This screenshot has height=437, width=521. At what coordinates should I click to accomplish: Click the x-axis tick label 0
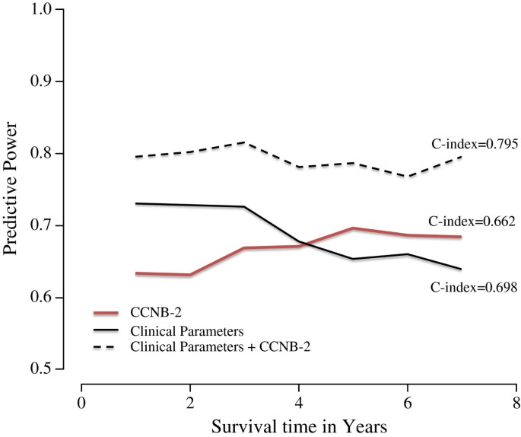click(x=81, y=402)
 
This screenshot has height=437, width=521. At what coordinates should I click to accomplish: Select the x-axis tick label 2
click(x=190, y=402)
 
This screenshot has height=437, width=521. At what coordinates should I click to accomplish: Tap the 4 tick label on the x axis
click(x=299, y=402)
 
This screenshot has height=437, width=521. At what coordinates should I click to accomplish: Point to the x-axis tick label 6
click(x=408, y=402)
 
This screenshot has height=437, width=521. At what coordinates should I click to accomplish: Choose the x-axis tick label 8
click(x=516, y=402)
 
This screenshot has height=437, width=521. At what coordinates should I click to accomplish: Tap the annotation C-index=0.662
click(x=473, y=222)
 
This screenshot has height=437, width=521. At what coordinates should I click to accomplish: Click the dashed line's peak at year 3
click(x=244, y=142)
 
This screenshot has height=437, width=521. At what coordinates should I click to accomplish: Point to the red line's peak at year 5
click(x=353, y=228)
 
